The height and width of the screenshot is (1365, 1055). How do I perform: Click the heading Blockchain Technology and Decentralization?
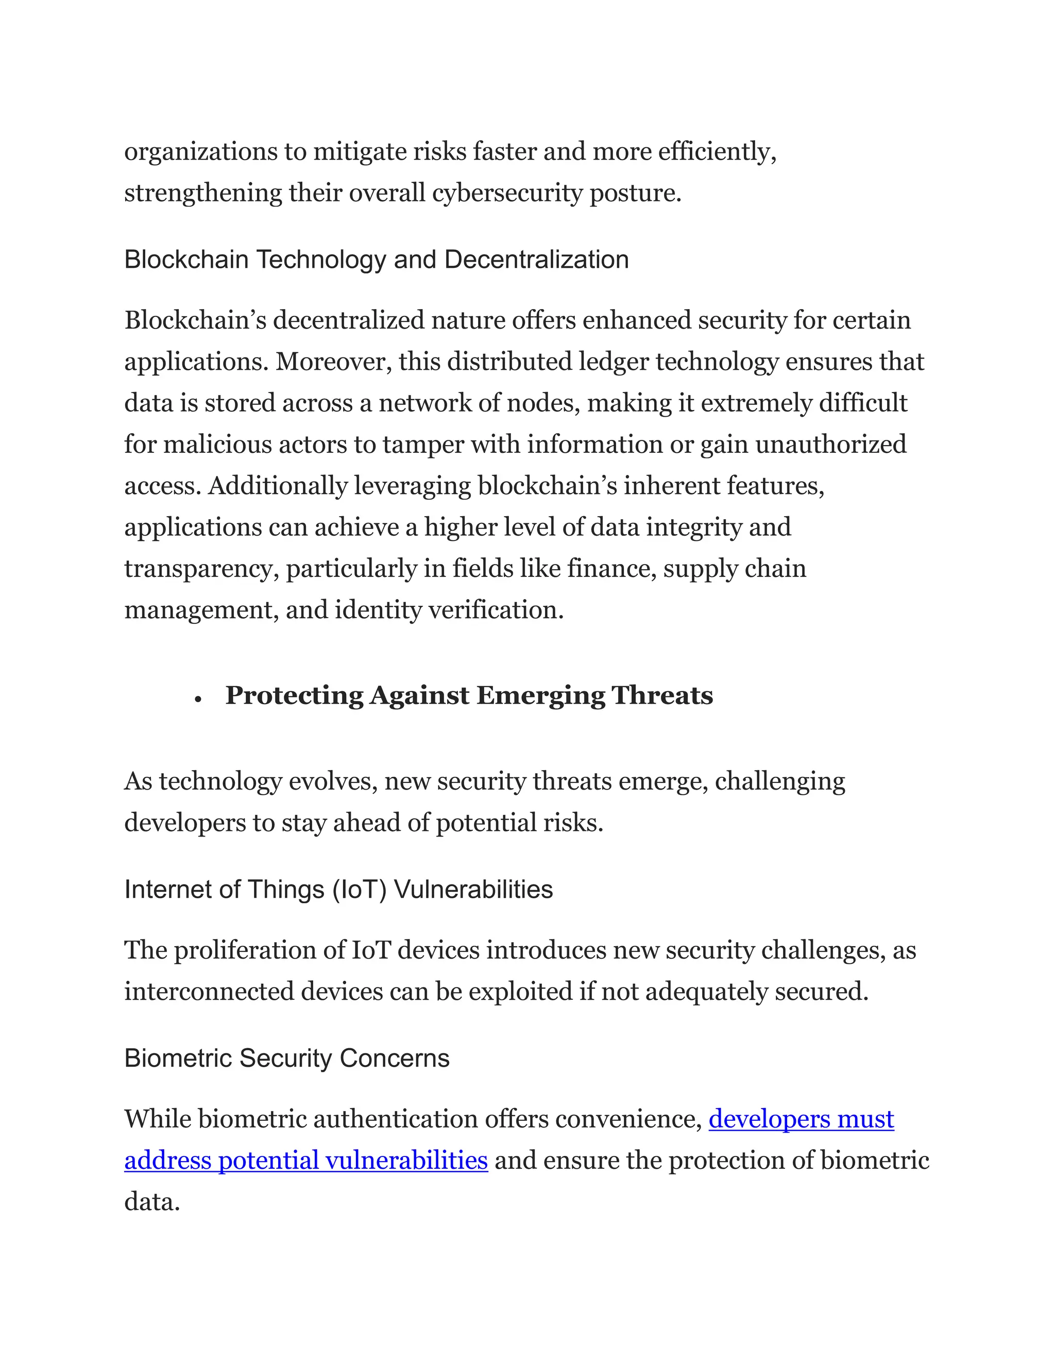[376, 260]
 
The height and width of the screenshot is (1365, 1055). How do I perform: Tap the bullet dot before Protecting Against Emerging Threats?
[198, 699]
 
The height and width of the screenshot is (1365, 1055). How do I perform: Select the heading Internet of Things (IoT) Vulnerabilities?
[338, 890]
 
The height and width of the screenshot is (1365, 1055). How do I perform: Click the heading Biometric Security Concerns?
[287, 1058]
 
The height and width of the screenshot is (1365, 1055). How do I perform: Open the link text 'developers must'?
[801, 1119]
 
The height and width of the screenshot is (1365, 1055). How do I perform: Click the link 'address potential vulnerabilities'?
[305, 1160]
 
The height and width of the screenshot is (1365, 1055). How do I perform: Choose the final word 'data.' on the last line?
[152, 1201]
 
